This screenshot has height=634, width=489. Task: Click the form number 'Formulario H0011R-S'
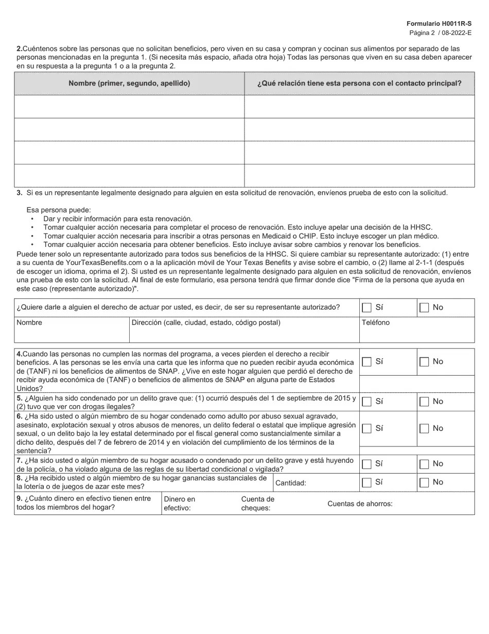(439, 24)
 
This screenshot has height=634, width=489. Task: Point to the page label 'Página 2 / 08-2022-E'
(440, 32)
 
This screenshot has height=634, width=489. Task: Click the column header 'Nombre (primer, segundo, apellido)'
(129, 83)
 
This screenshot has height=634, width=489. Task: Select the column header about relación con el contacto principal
(359, 83)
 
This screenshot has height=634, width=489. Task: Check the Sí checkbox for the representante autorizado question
(366, 308)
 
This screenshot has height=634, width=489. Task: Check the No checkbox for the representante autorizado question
(424, 308)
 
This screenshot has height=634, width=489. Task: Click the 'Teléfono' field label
(376, 323)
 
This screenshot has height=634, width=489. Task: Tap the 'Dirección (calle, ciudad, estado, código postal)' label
(206, 323)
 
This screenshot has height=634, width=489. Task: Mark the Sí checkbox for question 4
(366, 362)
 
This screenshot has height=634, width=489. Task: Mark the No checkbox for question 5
(424, 402)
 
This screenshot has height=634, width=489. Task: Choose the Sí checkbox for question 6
(366, 428)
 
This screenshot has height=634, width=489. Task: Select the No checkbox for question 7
(424, 464)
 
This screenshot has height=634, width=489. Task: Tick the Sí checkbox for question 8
(366, 482)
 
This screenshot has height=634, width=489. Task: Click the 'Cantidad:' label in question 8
(291, 483)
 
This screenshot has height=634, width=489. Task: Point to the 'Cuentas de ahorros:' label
(360, 504)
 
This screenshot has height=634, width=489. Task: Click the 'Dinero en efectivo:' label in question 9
(179, 504)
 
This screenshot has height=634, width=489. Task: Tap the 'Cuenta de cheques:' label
(257, 504)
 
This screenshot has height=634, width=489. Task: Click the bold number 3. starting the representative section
(19, 193)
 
